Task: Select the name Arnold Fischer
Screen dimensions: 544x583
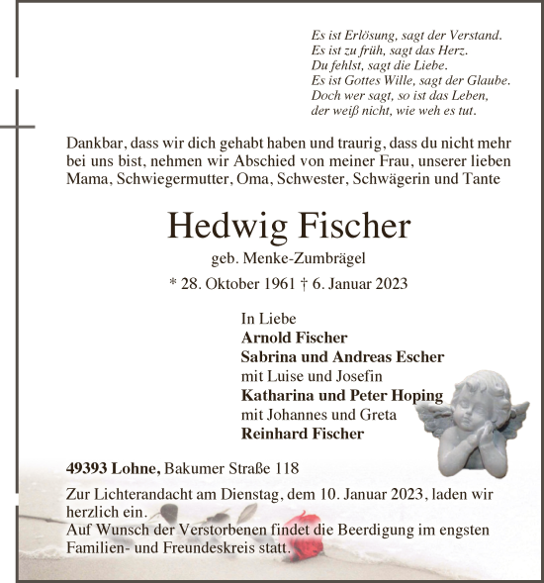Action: [294, 338]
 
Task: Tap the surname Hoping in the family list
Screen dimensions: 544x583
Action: [416, 396]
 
